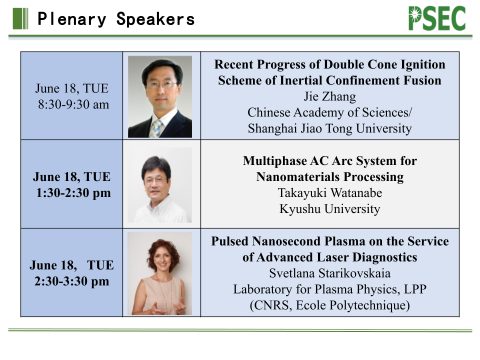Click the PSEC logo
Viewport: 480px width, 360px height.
(x=437, y=18)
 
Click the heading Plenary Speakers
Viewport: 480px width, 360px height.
(x=116, y=19)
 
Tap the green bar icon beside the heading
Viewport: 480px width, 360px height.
(x=20, y=18)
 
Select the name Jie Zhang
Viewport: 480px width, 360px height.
(x=329, y=96)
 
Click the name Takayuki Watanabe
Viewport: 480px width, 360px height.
(x=329, y=193)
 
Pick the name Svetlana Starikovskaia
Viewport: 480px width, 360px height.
(x=329, y=273)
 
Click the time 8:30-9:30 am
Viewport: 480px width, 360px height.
(x=73, y=104)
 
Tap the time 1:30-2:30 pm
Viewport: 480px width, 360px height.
(x=73, y=193)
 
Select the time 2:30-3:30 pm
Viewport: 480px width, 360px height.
(x=71, y=281)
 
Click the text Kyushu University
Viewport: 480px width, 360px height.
(x=329, y=209)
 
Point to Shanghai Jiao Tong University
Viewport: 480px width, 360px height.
(x=329, y=128)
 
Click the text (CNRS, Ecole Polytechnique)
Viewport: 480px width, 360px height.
(x=329, y=305)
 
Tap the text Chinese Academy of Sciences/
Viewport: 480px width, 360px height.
(x=329, y=112)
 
